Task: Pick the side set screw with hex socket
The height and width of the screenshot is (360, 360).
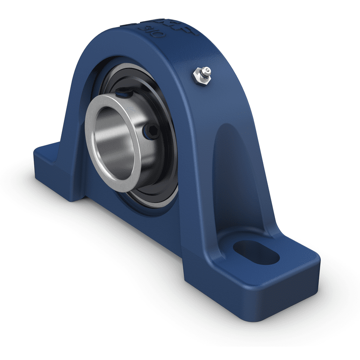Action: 149,131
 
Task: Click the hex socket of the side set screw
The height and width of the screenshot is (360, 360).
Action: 149,131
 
